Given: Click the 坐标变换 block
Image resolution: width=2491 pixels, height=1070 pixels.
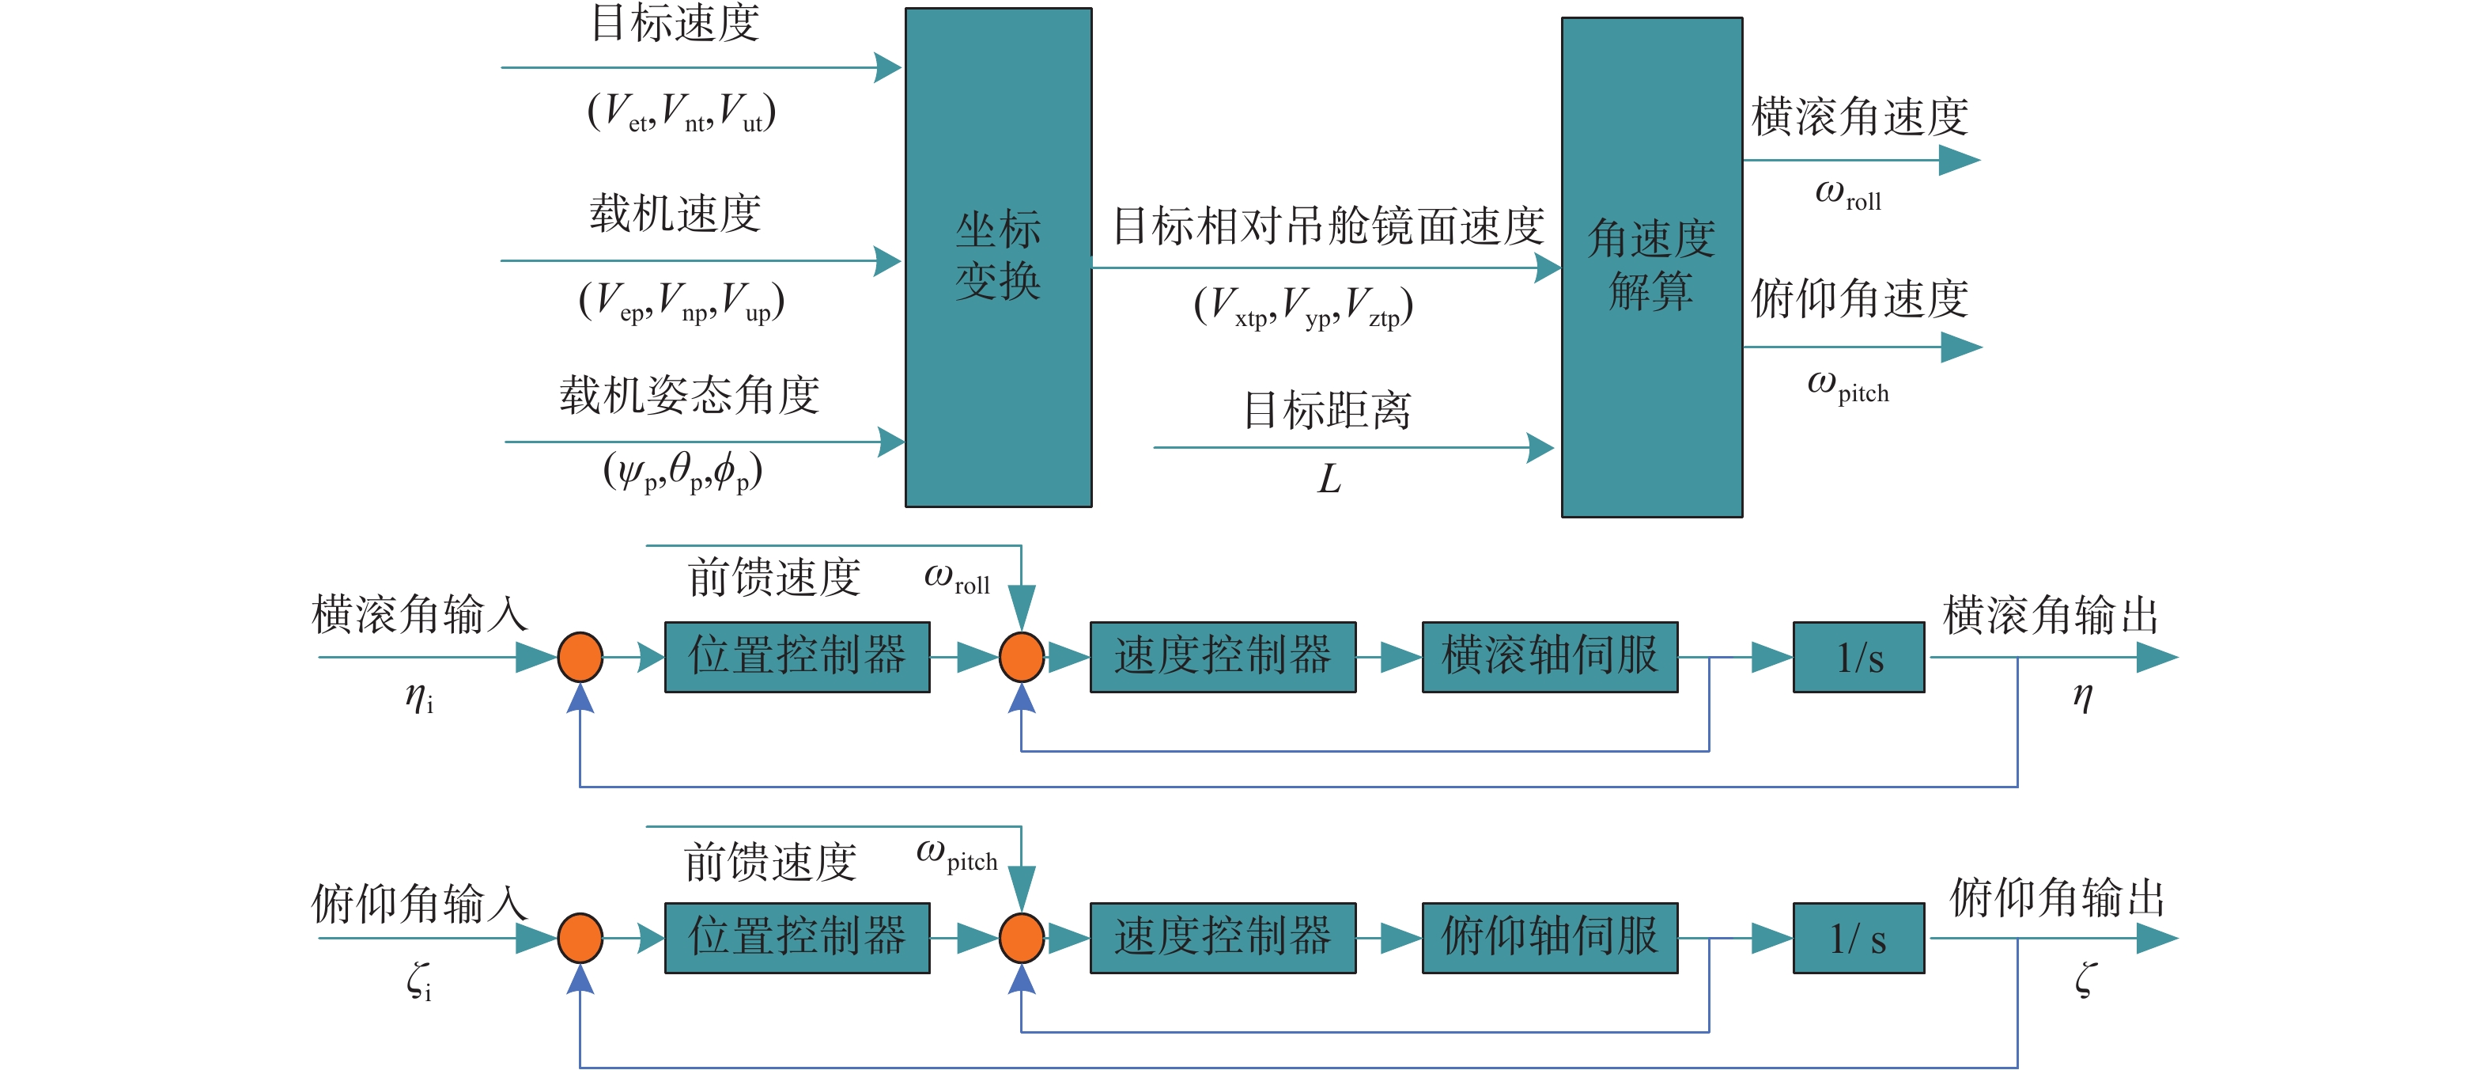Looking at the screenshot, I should pyautogui.click(x=998, y=257).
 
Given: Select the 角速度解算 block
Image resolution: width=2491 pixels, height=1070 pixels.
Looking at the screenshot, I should pyautogui.click(x=1652, y=267).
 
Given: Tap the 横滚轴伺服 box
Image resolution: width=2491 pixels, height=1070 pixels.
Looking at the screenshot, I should pyautogui.click(x=1549, y=657).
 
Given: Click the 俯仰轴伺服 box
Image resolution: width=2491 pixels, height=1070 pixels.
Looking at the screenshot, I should pyautogui.click(x=1549, y=938).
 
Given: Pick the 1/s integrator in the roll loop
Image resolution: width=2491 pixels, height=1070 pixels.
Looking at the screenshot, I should pyautogui.click(x=1858, y=658).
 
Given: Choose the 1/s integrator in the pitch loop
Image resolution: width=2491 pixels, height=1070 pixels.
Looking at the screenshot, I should pyautogui.click(x=1858, y=939).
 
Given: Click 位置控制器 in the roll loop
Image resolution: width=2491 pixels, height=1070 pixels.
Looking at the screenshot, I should pyautogui.click(x=797, y=657).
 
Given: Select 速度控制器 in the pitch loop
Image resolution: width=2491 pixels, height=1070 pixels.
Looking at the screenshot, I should pyautogui.click(x=1223, y=938).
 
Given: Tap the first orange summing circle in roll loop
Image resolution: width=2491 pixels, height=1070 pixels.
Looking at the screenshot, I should pyautogui.click(x=580, y=657).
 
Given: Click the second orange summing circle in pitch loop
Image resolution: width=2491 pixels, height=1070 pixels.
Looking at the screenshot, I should pyautogui.click(x=1021, y=938).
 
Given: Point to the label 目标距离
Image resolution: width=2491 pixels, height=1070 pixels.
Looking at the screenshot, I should pyautogui.click(x=1327, y=410).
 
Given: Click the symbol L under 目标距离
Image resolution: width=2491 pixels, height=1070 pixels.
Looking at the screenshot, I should pyautogui.click(x=1329, y=479).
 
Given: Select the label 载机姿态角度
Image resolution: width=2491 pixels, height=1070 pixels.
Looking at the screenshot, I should pyautogui.click(x=689, y=395).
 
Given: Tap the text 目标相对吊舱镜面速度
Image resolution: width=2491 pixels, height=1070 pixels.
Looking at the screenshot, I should pyautogui.click(x=1329, y=226).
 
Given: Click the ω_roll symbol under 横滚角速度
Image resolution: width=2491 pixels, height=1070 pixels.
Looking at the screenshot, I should pyautogui.click(x=1847, y=195).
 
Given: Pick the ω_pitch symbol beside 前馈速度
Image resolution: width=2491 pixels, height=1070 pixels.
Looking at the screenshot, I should pyautogui.click(x=956, y=856).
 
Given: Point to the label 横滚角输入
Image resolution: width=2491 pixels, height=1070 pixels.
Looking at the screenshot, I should pyautogui.click(x=418, y=615).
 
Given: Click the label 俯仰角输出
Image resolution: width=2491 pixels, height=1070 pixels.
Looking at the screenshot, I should pyautogui.click(x=2057, y=897).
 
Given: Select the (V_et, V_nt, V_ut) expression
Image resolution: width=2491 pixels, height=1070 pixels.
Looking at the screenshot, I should pyautogui.click(x=682, y=113).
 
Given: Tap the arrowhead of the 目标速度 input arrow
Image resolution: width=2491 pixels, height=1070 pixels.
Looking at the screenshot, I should pyautogui.click(x=888, y=68).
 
